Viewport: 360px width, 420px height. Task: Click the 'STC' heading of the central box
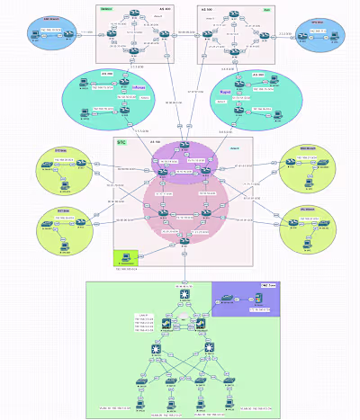click(x=121, y=141)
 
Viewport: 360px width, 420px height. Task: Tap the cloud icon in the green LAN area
click(x=184, y=320)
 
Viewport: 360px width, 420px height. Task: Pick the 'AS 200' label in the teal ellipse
click(x=107, y=74)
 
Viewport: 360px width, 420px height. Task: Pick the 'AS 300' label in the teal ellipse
click(x=258, y=75)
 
